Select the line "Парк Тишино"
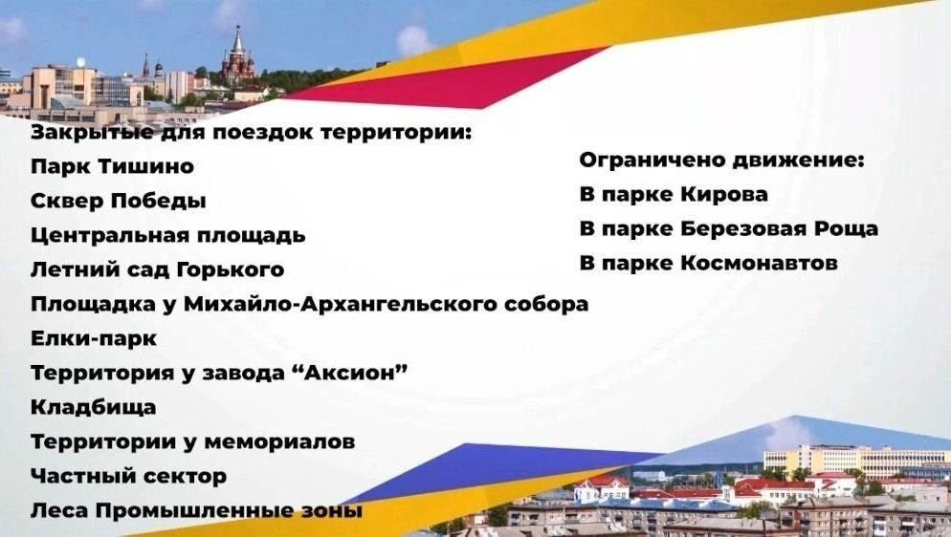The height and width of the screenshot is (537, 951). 112,166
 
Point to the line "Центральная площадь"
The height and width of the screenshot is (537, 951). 167,235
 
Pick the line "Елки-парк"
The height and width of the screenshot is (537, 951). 94,338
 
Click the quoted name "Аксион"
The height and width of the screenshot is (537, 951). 355,373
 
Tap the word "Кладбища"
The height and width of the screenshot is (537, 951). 94,407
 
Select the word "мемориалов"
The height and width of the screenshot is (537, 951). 284,441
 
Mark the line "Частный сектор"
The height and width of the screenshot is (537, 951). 128,476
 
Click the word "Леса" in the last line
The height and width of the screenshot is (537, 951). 59,510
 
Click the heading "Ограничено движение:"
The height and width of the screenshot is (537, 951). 721,161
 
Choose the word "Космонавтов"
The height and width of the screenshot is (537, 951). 759,263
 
